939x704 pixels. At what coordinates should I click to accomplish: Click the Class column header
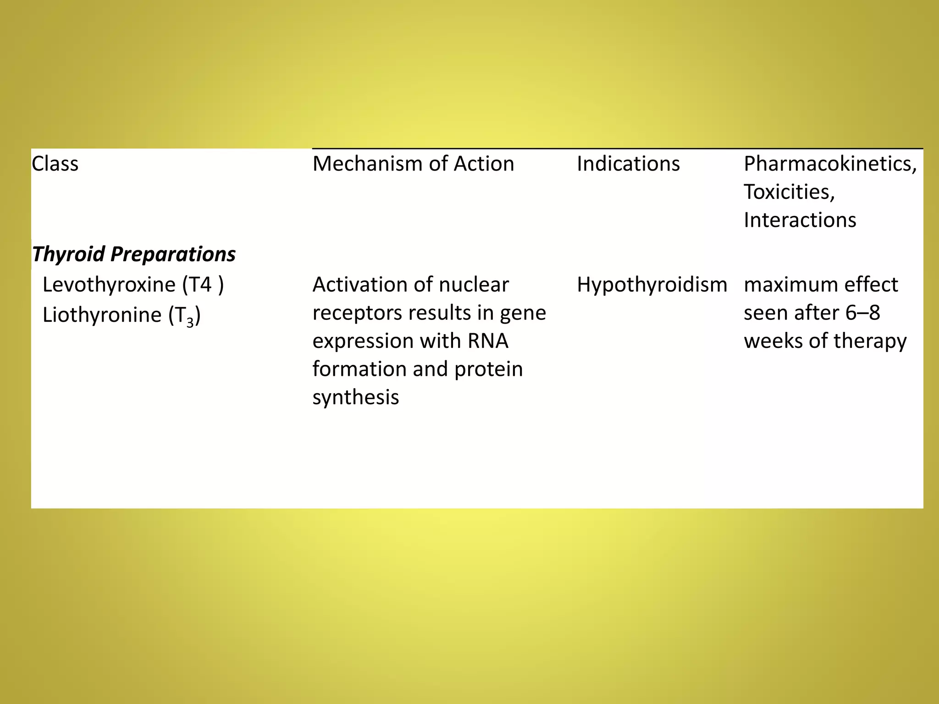point(55,164)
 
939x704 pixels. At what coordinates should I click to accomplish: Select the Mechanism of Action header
point(413,164)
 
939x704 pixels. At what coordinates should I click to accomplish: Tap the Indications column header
point(628,164)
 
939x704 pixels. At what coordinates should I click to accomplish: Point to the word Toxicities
point(789,192)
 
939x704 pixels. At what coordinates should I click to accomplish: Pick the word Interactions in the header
point(800,220)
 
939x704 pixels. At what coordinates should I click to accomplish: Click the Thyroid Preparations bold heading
point(133,254)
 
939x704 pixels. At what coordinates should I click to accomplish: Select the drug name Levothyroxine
point(109,285)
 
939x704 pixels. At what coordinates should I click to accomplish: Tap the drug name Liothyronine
point(102,315)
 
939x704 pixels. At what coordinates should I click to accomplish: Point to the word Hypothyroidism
point(652,285)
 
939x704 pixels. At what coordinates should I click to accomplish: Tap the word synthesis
point(355,397)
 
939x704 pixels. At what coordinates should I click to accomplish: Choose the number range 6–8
point(862,313)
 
